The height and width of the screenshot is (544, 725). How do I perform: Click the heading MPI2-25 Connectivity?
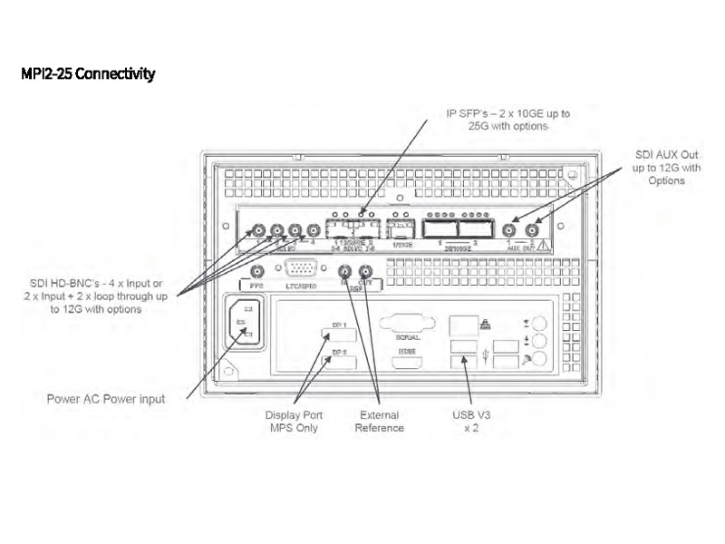(x=88, y=73)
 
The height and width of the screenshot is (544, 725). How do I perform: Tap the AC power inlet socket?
(x=242, y=322)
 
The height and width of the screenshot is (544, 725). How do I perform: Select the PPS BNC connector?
(x=257, y=271)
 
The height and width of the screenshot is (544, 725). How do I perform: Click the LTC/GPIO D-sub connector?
(x=300, y=268)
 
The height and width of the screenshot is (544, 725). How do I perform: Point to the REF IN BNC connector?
(x=344, y=271)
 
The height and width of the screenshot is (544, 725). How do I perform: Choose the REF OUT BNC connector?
(x=364, y=271)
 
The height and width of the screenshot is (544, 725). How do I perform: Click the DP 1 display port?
(x=338, y=335)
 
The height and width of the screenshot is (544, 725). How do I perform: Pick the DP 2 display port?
(x=338, y=363)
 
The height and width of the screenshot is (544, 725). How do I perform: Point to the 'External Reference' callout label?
(x=380, y=422)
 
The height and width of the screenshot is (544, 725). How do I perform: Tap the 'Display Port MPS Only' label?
(x=292, y=422)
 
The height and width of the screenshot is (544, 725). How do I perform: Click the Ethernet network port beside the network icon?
(x=463, y=324)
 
